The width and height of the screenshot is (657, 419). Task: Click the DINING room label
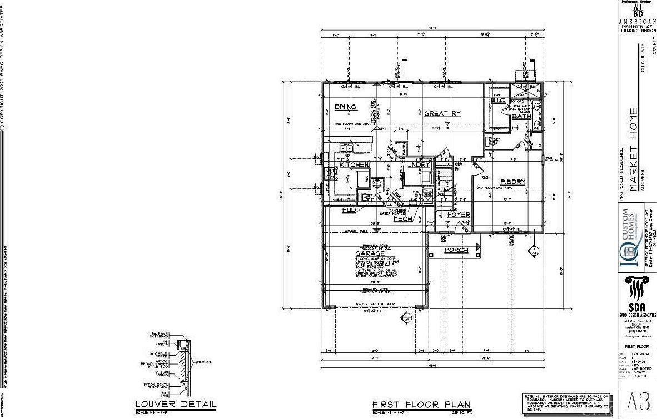tap(345, 107)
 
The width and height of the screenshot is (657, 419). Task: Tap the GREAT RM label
tap(442, 113)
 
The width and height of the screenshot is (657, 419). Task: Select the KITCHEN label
tap(354, 165)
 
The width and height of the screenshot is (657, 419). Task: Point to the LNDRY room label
tap(419, 164)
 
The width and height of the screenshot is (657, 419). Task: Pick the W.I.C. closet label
tap(498, 100)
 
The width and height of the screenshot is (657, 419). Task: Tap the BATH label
tap(521, 116)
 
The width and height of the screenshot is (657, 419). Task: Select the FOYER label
tap(459, 215)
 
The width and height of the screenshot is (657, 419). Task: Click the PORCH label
tap(456, 250)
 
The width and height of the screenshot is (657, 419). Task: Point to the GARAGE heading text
tap(370, 253)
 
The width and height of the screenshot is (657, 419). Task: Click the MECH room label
tap(402, 219)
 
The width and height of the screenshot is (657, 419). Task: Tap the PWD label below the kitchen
tap(349, 210)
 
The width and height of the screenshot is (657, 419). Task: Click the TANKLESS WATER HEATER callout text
tap(393, 212)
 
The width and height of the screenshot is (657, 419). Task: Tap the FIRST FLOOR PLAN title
tap(421, 405)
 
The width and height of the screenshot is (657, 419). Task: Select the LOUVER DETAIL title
tap(176, 404)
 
